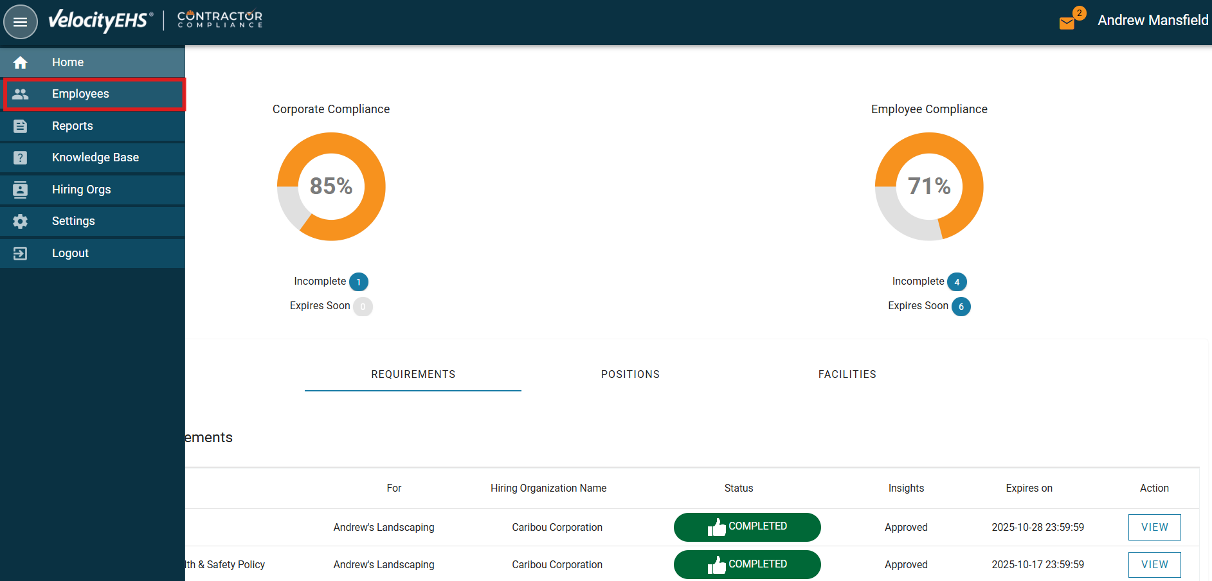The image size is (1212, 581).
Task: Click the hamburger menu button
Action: pos(21,22)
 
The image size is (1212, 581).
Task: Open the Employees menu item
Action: pos(80,94)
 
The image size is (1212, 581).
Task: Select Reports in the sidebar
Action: pos(72,126)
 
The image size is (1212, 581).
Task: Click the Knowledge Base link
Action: pos(95,157)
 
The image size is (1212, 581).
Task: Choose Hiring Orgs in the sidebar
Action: pos(81,190)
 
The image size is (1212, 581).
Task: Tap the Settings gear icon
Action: pos(21,221)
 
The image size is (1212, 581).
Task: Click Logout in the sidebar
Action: pos(70,253)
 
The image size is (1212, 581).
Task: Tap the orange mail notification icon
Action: pos(1067,23)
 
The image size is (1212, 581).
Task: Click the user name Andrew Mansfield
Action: pos(1153,21)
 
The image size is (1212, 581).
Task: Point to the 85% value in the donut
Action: pos(331,186)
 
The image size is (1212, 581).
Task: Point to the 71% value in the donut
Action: pos(929,186)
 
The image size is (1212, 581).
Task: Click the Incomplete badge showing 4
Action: pos(957,282)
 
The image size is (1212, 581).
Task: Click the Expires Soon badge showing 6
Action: pos(961,307)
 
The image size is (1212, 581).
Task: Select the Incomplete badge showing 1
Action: pos(359,282)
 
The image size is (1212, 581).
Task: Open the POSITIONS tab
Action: pos(630,374)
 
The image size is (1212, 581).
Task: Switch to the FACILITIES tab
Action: pos(847,374)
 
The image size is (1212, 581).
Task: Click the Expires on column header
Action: pos(1029,488)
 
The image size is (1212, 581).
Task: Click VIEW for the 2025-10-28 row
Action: pos(1154,527)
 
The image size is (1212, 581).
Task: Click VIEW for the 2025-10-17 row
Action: pos(1154,564)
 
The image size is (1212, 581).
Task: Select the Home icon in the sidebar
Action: pos(21,62)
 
